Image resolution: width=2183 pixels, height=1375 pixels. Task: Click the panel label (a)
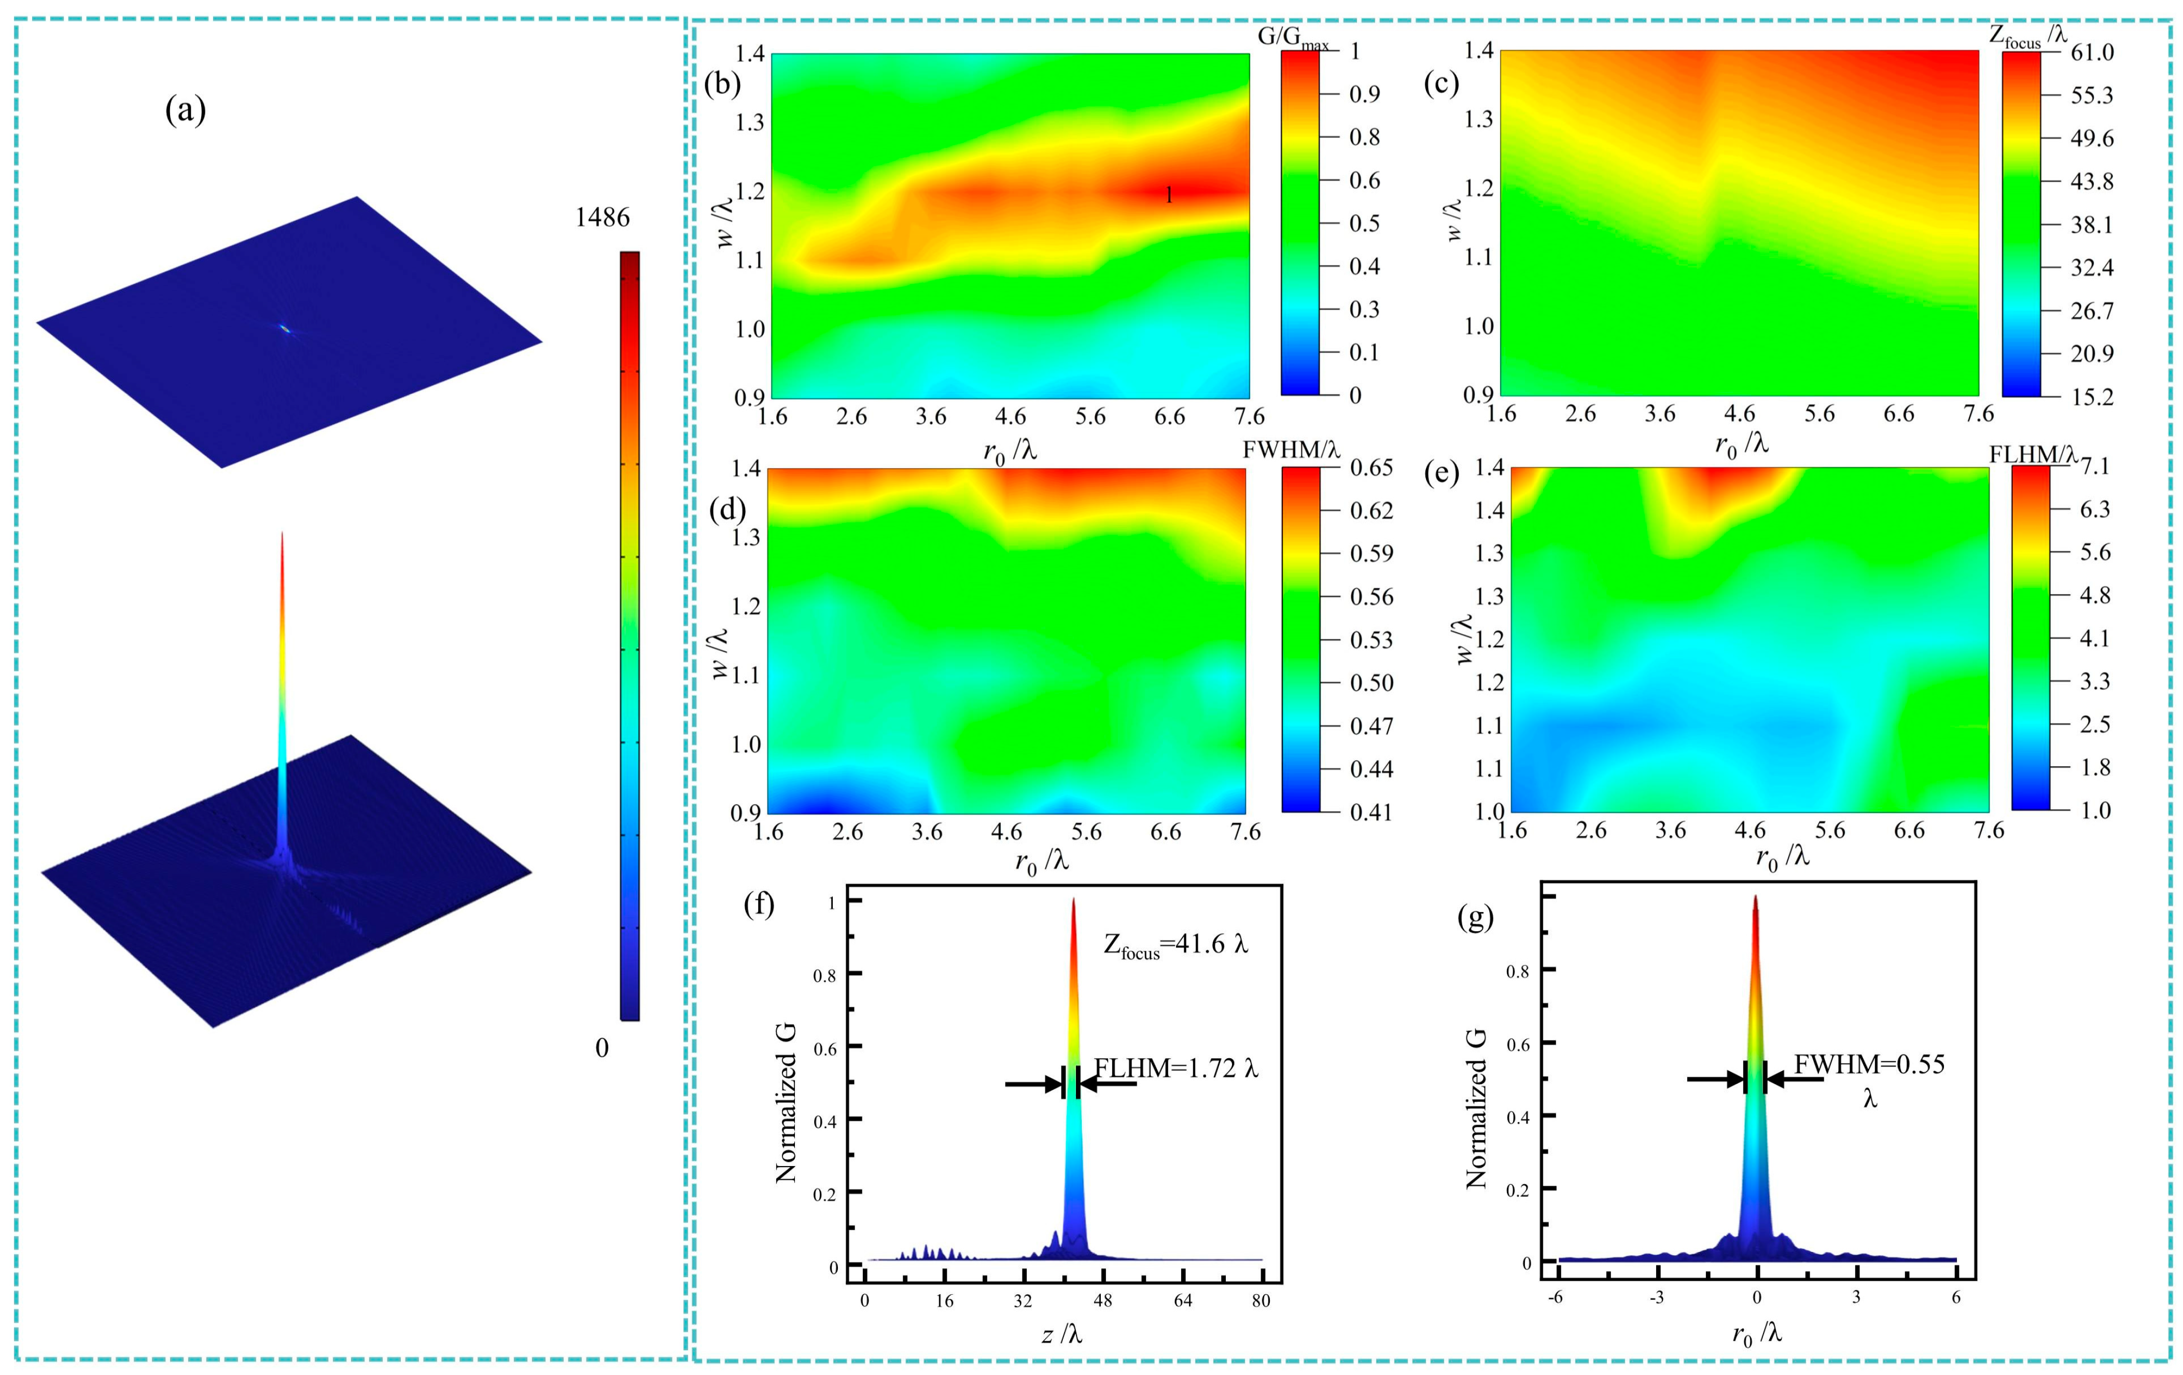coord(185,110)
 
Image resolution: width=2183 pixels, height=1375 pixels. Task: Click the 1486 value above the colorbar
coord(602,218)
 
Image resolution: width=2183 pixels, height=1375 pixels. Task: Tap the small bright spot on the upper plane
coord(286,329)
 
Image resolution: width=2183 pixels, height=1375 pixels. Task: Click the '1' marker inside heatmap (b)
coord(1169,195)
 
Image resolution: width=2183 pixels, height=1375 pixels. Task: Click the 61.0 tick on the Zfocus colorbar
coord(2091,52)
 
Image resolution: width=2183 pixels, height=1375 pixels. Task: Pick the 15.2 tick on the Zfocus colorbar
coord(2091,397)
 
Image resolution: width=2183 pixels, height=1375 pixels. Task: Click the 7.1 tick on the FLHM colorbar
coord(2095,467)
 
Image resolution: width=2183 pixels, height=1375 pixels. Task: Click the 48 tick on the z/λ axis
coord(1102,1301)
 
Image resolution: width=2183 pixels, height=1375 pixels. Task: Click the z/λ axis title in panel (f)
coord(1061,1334)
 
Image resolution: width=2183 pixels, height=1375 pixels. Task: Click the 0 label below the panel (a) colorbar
coord(602,1048)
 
